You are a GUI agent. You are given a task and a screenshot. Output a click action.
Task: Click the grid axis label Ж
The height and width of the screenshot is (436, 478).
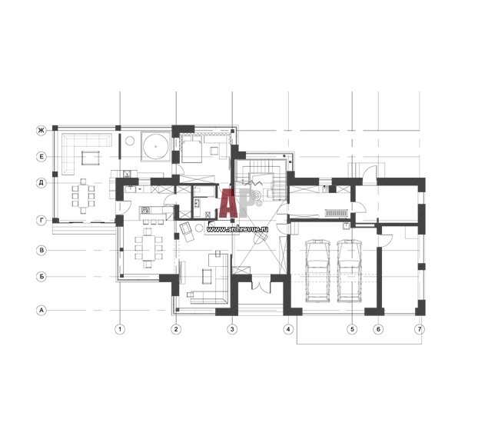[x=41, y=131]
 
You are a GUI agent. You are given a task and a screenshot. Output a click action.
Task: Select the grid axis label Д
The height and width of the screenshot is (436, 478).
[x=41, y=183]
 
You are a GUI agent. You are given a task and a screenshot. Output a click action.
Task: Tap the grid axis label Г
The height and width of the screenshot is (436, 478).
[x=41, y=220]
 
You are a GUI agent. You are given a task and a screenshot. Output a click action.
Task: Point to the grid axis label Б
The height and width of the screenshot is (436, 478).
[x=41, y=277]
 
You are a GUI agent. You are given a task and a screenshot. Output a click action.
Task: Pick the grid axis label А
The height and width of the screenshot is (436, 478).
[x=41, y=311]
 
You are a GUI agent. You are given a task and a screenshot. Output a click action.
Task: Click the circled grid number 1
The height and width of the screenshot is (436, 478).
[x=120, y=329]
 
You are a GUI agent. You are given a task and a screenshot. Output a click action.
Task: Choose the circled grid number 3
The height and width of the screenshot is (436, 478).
[x=232, y=329]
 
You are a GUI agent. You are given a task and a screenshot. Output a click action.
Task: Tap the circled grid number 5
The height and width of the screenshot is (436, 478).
[x=353, y=329]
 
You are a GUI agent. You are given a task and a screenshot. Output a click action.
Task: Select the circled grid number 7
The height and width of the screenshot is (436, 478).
[x=420, y=329]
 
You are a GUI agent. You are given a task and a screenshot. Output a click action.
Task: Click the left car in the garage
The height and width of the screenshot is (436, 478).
[x=318, y=271]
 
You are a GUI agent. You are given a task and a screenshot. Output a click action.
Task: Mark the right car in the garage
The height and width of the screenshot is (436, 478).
[x=350, y=271]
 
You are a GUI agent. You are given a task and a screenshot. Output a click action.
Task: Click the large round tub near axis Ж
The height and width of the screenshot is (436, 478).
[x=155, y=146]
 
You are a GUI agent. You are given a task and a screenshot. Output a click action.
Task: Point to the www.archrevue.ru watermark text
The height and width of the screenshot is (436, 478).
[x=237, y=229]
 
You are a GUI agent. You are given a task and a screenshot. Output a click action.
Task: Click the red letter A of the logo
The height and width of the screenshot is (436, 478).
[x=228, y=204]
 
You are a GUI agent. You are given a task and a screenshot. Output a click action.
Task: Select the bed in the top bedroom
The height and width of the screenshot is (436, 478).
[x=192, y=149]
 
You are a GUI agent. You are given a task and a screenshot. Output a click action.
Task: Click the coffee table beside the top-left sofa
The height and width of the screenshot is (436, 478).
[x=90, y=158]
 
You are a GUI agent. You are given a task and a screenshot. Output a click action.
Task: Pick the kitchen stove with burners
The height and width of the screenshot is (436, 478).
[x=145, y=210]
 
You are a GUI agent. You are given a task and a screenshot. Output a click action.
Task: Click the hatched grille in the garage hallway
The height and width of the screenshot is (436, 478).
[x=337, y=213]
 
